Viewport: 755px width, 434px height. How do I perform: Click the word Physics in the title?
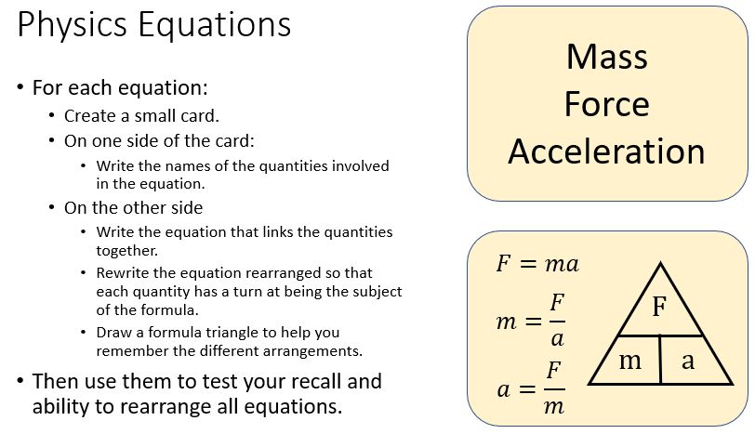coord(73,25)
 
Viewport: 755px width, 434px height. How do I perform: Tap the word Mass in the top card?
coord(606,58)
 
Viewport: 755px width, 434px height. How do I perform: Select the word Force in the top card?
coord(606,104)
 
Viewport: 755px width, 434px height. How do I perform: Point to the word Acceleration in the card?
coord(606,151)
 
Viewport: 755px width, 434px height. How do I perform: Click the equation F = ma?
coord(537,264)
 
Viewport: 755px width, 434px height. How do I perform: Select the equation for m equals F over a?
coord(532,322)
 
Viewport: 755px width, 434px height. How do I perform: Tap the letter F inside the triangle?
coord(659,308)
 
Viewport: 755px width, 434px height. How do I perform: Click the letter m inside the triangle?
coord(630,361)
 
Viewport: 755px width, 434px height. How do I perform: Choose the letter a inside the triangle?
coord(688,361)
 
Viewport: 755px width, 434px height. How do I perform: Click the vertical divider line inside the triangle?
coord(660,360)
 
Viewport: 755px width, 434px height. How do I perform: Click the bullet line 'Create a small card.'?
coord(141,116)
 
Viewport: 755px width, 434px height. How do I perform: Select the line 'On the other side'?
coord(133,207)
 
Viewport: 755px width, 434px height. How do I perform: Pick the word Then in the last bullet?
coord(55,381)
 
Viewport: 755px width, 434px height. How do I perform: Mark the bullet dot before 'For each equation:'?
coord(20,88)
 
